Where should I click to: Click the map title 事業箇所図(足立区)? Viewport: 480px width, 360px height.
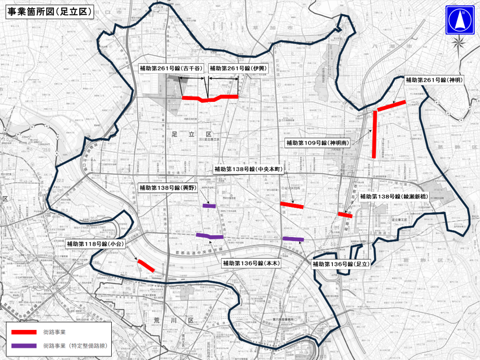49,12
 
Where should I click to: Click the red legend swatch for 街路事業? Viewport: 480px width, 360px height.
21,332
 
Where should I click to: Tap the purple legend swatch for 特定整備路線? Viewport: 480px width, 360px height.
21,345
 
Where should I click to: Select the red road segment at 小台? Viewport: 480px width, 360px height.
146,266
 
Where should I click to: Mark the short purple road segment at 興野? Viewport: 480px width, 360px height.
209,206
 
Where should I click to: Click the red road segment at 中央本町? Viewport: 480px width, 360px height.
291,206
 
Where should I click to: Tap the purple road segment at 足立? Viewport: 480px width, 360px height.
293,239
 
